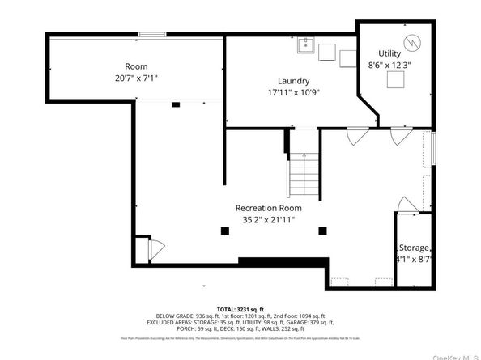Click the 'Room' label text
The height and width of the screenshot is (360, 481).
(x=136, y=66)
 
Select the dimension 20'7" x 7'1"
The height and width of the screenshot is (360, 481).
(x=136, y=78)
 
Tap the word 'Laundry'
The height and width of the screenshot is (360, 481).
(x=294, y=80)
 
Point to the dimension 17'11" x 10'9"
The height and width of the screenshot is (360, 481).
(x=294, y=92)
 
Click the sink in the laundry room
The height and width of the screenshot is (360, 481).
(x=306, y=44)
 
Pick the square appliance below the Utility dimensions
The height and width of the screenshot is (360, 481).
(x=396, y=79)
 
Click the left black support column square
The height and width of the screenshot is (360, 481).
(x=224, y=231)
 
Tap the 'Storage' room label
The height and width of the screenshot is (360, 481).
(x=414, y=248)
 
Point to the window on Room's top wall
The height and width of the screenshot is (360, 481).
(x=152, y=34)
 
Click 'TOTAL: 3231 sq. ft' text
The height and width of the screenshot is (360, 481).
(x=241, y=309)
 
